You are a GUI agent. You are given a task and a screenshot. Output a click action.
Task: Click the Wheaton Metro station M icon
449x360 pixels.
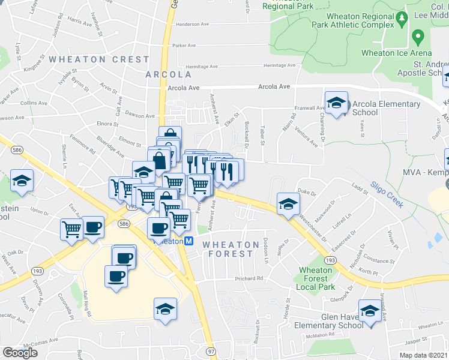coord(188,241)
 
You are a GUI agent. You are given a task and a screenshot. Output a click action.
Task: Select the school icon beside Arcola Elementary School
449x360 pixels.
coord(337,103)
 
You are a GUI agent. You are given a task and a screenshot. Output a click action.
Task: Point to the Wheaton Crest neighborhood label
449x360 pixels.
coord(99,59)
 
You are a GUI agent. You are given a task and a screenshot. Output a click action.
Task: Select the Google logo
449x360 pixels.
coord(20,352)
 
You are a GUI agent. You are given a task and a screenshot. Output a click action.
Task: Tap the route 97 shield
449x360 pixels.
coord(210,350)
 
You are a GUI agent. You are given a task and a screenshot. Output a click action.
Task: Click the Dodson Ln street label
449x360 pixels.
coord(265,250)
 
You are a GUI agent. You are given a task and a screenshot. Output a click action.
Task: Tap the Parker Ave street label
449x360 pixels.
coord(184,45)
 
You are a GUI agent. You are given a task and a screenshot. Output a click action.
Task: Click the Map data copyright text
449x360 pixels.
coord(424,355)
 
